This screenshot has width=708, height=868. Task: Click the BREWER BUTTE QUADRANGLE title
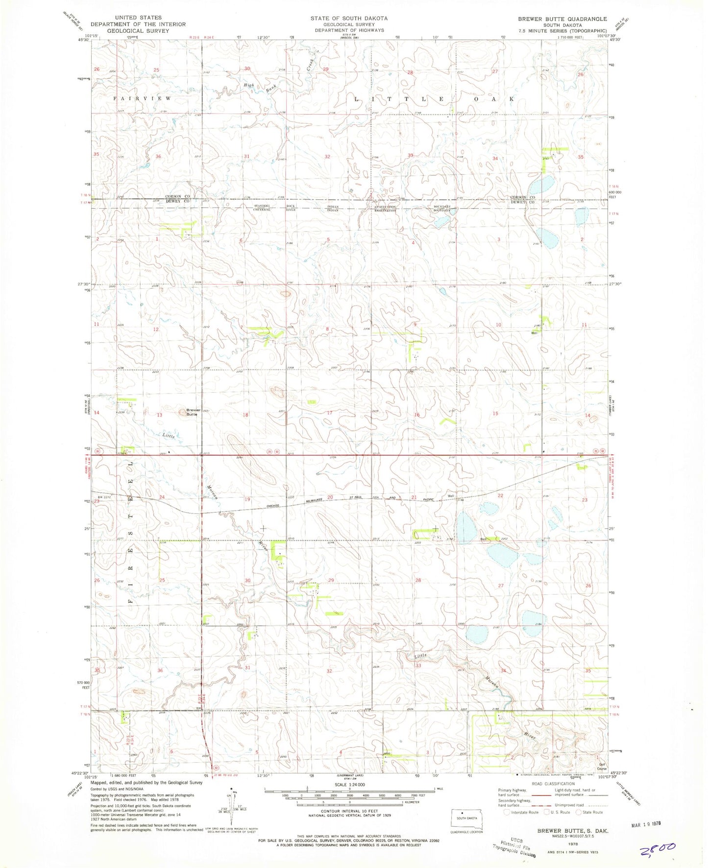click(x=562, y=19)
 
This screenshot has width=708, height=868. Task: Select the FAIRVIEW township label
click(x=143, y=98)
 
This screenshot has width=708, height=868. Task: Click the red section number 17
click(x=330, y=413)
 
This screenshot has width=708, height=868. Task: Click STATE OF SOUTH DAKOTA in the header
click(x=348, y=18)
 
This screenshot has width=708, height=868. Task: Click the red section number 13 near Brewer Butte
click(x=159, y=415)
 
